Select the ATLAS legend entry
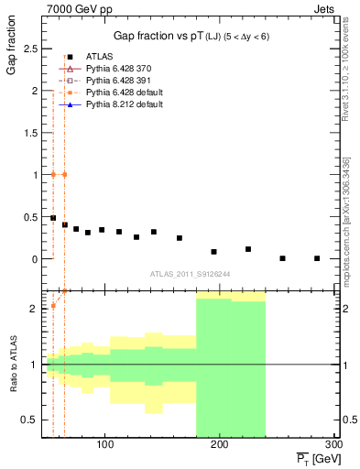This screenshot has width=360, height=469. coord(101,58)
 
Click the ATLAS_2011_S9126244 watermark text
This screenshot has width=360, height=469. coord(190,273)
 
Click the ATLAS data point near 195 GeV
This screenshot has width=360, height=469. coord(213,251)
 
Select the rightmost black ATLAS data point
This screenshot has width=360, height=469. coord(317,258)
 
